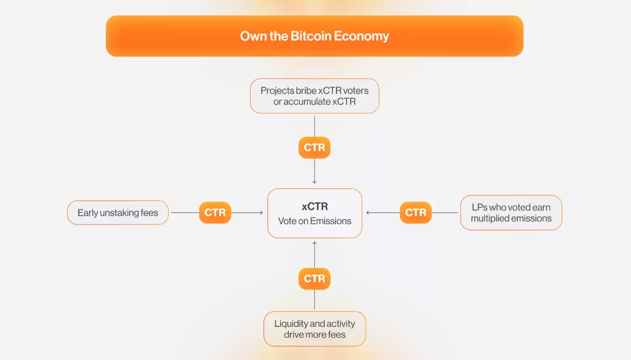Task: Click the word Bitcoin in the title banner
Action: click(310, 36)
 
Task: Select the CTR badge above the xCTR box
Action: click(314, 148)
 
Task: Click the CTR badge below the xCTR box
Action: click(314, 279)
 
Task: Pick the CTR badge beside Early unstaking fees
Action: click(215, 212)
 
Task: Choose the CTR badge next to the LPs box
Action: click(416, 212)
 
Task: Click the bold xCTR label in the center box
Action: click(315, 207)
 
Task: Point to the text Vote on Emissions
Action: click(315, 221)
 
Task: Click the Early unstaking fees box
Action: click(118, 212)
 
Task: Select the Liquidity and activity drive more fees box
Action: click(315, 329)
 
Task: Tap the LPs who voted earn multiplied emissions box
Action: click(511, 213)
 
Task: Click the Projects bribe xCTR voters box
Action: click(314, 96)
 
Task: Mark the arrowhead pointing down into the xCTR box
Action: click(314, 182)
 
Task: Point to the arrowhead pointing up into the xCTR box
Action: click(314, 243)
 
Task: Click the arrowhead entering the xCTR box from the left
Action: click(261, 212)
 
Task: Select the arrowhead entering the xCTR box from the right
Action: click(368, 212)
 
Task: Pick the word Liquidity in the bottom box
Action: click(291, 324)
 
